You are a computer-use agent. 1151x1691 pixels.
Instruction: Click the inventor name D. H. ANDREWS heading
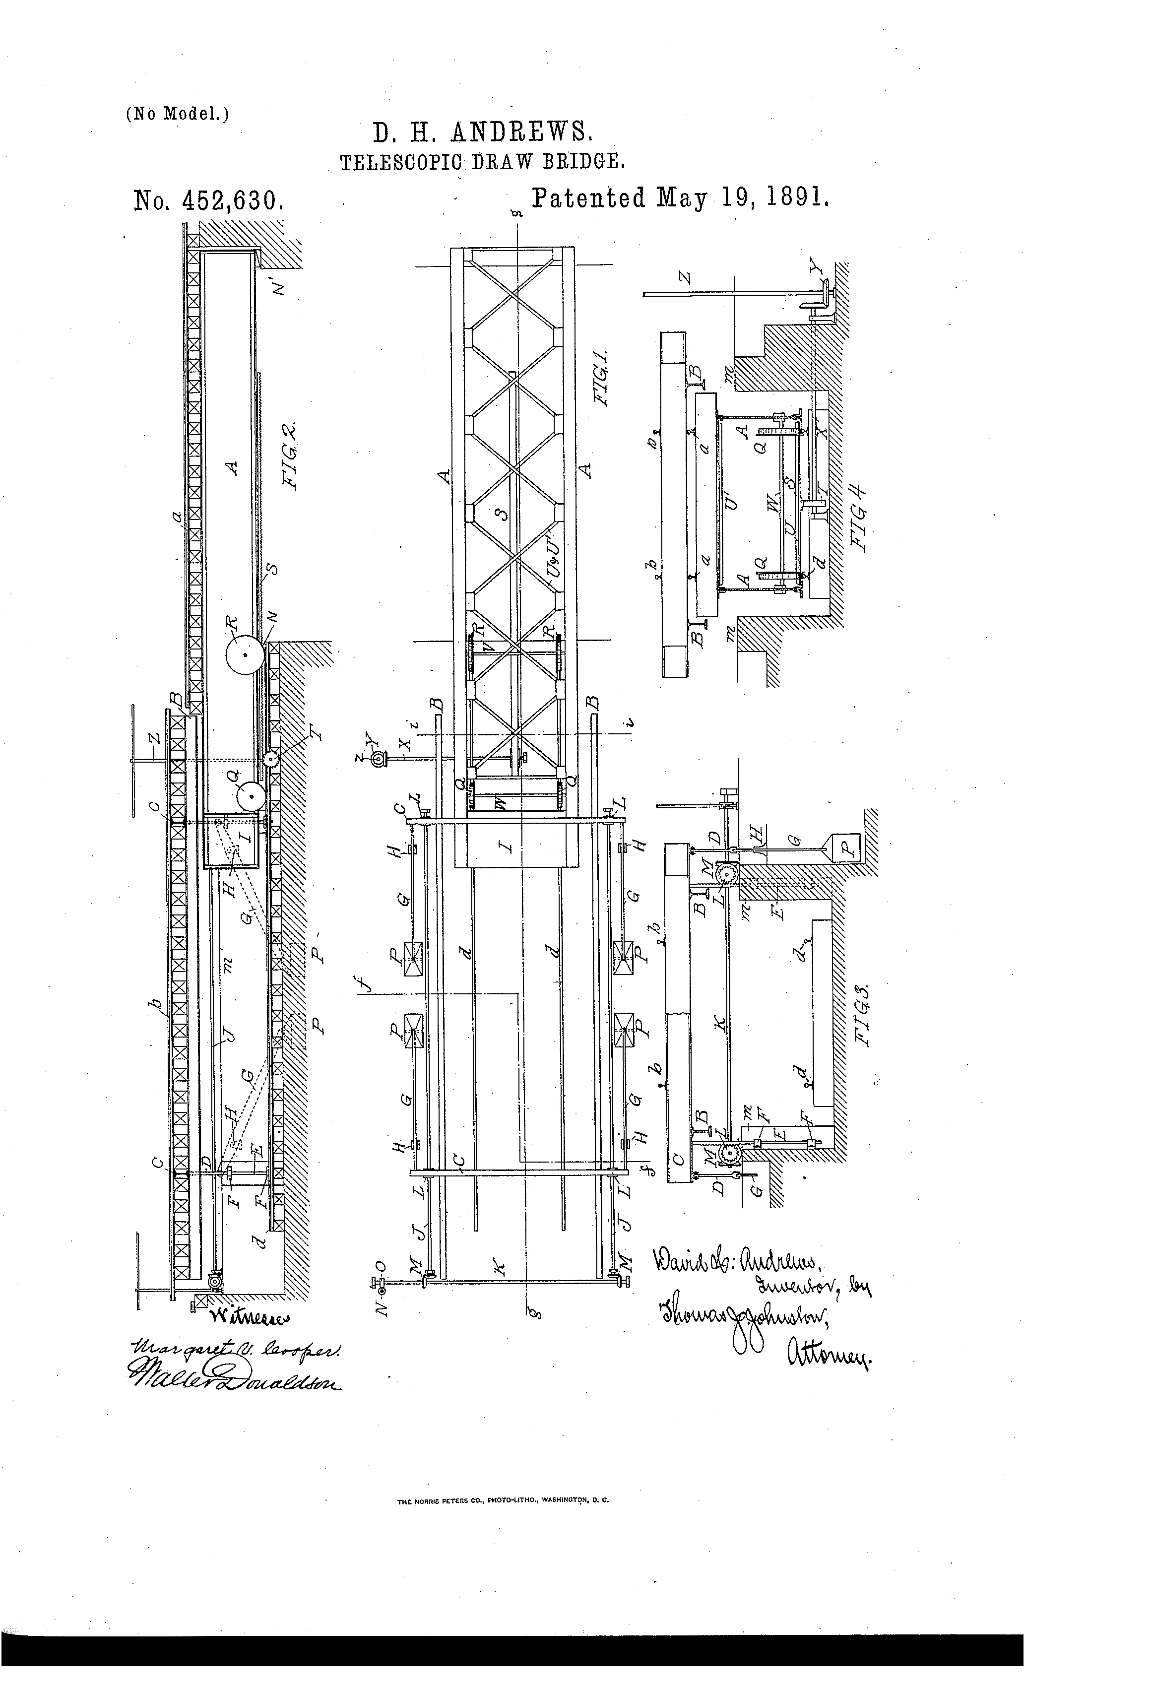pos(483,132)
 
